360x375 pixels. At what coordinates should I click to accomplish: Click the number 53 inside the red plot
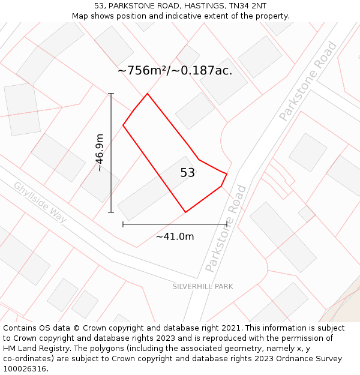coord(187,173)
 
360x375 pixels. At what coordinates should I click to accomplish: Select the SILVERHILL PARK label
coord(203,286)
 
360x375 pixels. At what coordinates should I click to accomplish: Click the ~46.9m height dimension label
coord(100,152)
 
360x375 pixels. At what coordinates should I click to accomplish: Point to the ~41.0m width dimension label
coord(175,236)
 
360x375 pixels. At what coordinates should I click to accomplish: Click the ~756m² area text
coord(142,70)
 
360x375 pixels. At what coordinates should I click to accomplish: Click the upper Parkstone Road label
coord(308,82)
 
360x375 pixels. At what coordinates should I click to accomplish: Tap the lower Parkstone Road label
coord(226,229)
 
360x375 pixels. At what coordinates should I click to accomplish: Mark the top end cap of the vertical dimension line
coord(111,94)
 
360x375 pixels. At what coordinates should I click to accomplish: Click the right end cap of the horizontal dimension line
coord(227,224)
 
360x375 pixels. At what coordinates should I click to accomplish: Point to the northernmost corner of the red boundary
coord(147,94)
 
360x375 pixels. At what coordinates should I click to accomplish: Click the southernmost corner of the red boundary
coord(185,212)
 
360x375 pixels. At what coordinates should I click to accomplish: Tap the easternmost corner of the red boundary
coord(227,173)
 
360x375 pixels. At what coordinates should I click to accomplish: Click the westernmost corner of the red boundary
coord(123,125)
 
